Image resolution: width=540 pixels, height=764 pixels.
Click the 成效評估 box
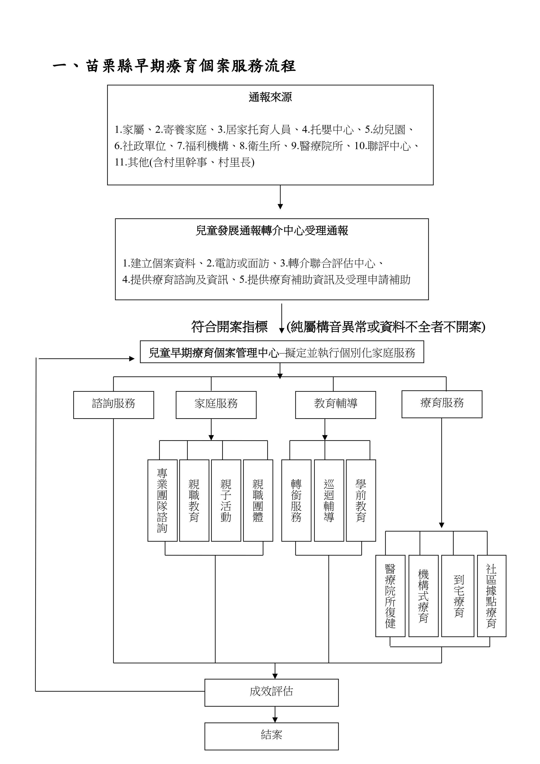pos(271,692)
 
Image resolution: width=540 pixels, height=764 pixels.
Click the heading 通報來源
pos(270,97)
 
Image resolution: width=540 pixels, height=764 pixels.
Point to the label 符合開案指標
pos(229,327)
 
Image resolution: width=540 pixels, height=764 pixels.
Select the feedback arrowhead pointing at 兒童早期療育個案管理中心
pos(132,359)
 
